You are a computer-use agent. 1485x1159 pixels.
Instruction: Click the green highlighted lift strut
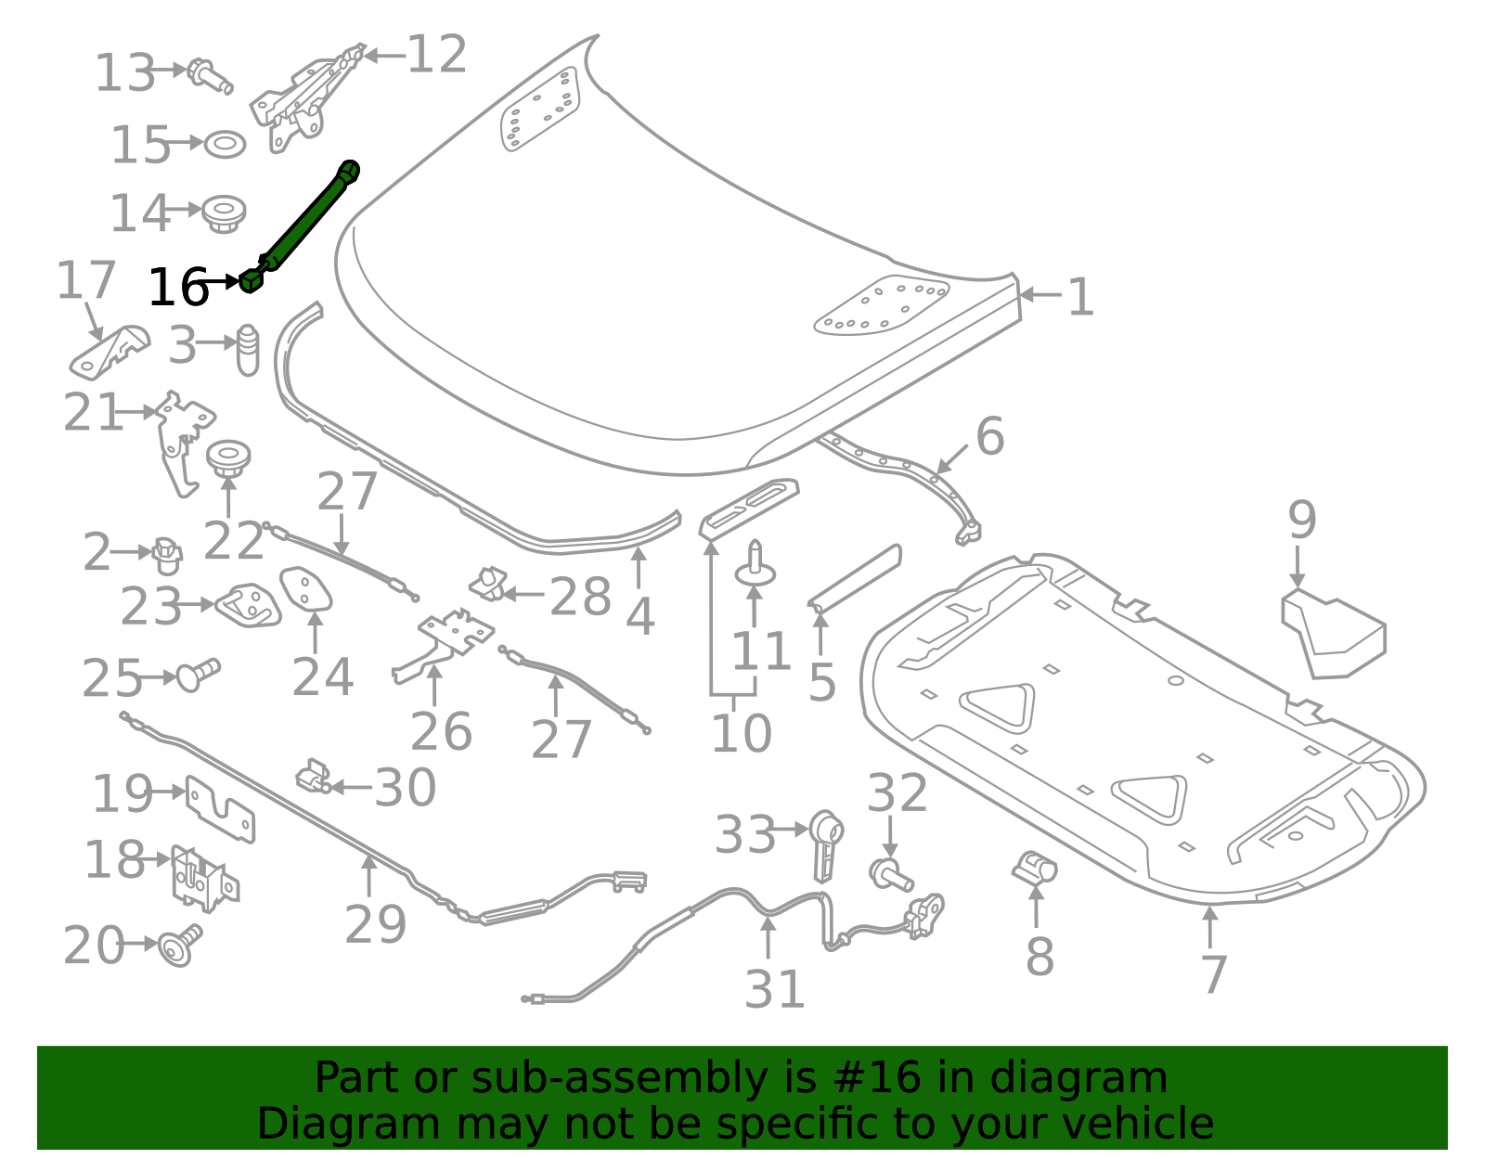point(302,223)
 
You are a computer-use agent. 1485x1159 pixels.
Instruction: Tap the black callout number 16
point(177,288)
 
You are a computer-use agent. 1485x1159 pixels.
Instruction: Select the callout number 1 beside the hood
point(1080,298)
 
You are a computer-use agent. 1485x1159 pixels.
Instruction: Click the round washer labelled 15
point(224,145)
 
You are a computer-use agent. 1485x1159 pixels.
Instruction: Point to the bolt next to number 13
point(209,75)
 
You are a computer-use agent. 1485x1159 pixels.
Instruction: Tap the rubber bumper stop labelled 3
point(248,350)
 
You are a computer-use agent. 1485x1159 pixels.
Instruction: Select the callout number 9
point(1301,520)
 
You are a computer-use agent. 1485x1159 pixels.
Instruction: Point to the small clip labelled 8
point(1034,869)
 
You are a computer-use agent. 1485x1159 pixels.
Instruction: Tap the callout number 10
point(741,734)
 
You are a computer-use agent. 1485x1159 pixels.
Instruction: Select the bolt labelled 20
point(178,946)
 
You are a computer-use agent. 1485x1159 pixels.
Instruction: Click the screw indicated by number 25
point(197,675)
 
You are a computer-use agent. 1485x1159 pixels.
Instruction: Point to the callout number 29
point(375,924)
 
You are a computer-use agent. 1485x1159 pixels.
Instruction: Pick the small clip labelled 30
point(314,778)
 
